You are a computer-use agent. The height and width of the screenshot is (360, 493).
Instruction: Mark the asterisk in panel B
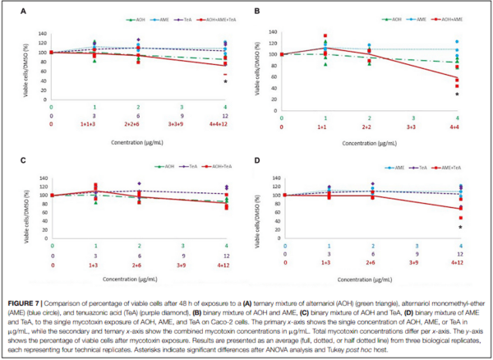point(457,95)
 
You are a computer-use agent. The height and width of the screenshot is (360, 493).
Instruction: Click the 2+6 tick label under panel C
point(137,263)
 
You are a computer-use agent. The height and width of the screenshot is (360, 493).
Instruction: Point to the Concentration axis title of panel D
point(370,276)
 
